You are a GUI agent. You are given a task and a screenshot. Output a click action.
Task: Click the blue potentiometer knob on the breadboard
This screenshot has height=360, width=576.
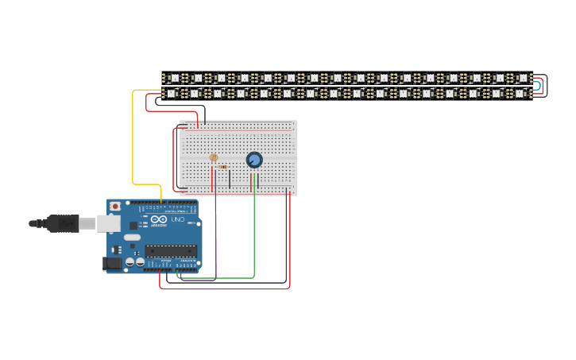[x=254, y=160]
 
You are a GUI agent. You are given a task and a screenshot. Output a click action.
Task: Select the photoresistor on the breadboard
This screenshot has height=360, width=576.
[x=213, y=157]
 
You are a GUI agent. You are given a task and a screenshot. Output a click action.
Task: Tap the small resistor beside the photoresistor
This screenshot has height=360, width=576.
[x=222, y=167]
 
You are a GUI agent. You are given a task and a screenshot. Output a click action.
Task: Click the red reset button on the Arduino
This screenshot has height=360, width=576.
[x=115, y=206]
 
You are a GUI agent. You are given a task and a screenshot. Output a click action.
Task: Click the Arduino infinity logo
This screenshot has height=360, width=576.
[x=159, y=219]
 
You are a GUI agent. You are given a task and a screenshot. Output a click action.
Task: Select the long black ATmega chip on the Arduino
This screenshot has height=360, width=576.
[x=171, y=251]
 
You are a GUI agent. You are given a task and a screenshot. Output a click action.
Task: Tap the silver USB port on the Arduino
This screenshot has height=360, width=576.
[x=108, y=223]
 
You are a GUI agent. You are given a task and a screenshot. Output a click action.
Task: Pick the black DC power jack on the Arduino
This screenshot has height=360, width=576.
[x=113, y=263]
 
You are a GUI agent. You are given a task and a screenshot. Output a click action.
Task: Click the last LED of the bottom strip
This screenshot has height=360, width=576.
[x=520, y=93]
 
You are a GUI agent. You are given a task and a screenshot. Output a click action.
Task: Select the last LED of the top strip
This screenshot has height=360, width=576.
[x=522, y=78]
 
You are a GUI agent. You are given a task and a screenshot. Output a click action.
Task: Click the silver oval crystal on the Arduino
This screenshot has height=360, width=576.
[x=132, y=237]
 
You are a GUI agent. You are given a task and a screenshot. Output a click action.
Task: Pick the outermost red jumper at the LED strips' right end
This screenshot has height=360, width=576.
[x=546, y=85]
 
